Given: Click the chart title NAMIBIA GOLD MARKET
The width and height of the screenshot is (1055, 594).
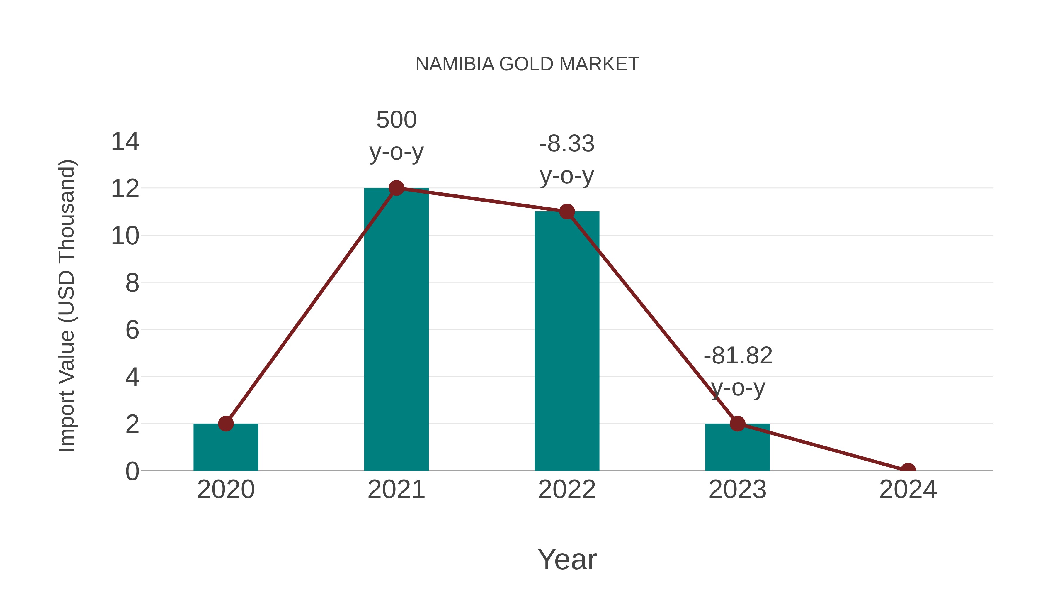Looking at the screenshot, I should [527, 64].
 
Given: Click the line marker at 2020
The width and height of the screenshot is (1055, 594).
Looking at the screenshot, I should [226, 424].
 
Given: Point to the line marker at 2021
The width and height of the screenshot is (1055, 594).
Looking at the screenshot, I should [396, 188].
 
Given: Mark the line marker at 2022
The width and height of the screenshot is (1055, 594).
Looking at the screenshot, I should [567, 211].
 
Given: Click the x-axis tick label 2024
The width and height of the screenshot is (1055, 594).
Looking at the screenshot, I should [908, 490].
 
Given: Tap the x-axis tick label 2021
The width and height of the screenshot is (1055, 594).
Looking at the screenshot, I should [396, 490].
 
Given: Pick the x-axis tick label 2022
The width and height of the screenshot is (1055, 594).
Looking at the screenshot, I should [567, 490].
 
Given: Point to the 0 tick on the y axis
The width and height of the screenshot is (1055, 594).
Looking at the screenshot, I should [132, 471].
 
